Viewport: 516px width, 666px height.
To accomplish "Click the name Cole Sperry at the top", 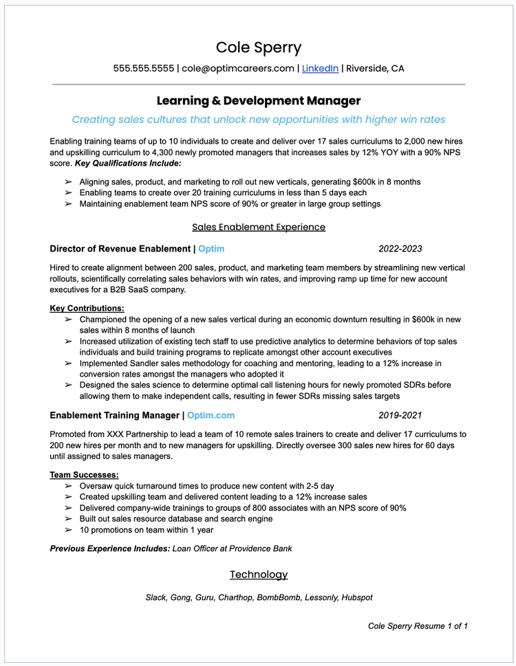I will pos(258,47).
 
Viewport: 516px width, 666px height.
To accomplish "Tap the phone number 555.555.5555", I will pos(143,68).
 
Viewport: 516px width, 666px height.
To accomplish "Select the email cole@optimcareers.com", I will pos(238,68).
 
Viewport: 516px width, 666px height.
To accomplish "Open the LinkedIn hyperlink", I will pos(320,68).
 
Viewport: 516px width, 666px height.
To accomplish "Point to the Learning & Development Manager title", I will pos(258,101).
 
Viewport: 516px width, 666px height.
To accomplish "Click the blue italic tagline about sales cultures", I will pos(258,120).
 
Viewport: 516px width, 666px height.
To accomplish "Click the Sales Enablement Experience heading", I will pos(258,227).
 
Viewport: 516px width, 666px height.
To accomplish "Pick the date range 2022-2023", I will pos(400,249).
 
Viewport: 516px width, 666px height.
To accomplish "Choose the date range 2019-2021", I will pos(400,415).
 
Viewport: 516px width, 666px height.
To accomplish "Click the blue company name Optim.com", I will pos(211,415).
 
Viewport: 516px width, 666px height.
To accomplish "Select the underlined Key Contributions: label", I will pos(87,309).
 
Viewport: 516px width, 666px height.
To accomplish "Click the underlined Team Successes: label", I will pos(85,475).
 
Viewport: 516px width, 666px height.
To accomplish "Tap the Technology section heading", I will pos(258,575).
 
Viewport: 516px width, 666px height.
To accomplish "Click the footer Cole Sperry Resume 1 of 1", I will pos(418,625).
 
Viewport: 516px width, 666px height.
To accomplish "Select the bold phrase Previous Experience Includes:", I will pos(109,548).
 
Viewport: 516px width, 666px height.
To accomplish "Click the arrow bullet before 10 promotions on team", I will pos(68,530).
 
